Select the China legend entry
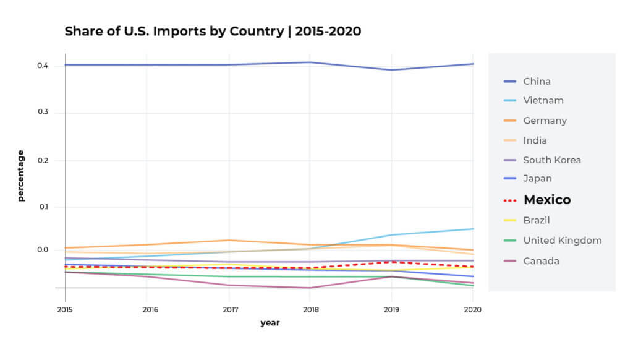tap(537, 81)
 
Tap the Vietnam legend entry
tap(543, 100)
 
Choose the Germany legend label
tap(545, 121)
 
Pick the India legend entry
tap(535, 140)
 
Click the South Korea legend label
tap(551, 160)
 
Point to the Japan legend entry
tap(537, 179)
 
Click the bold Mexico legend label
tap(546, 200)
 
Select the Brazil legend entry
tap(536, 220)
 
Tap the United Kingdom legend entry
tap(562, 241)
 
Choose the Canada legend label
tap(541, 261)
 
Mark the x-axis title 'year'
tap(270, 323)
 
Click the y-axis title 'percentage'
tap(21, 176)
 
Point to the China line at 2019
tap(391, 70)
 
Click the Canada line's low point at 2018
tap(309, 288)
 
